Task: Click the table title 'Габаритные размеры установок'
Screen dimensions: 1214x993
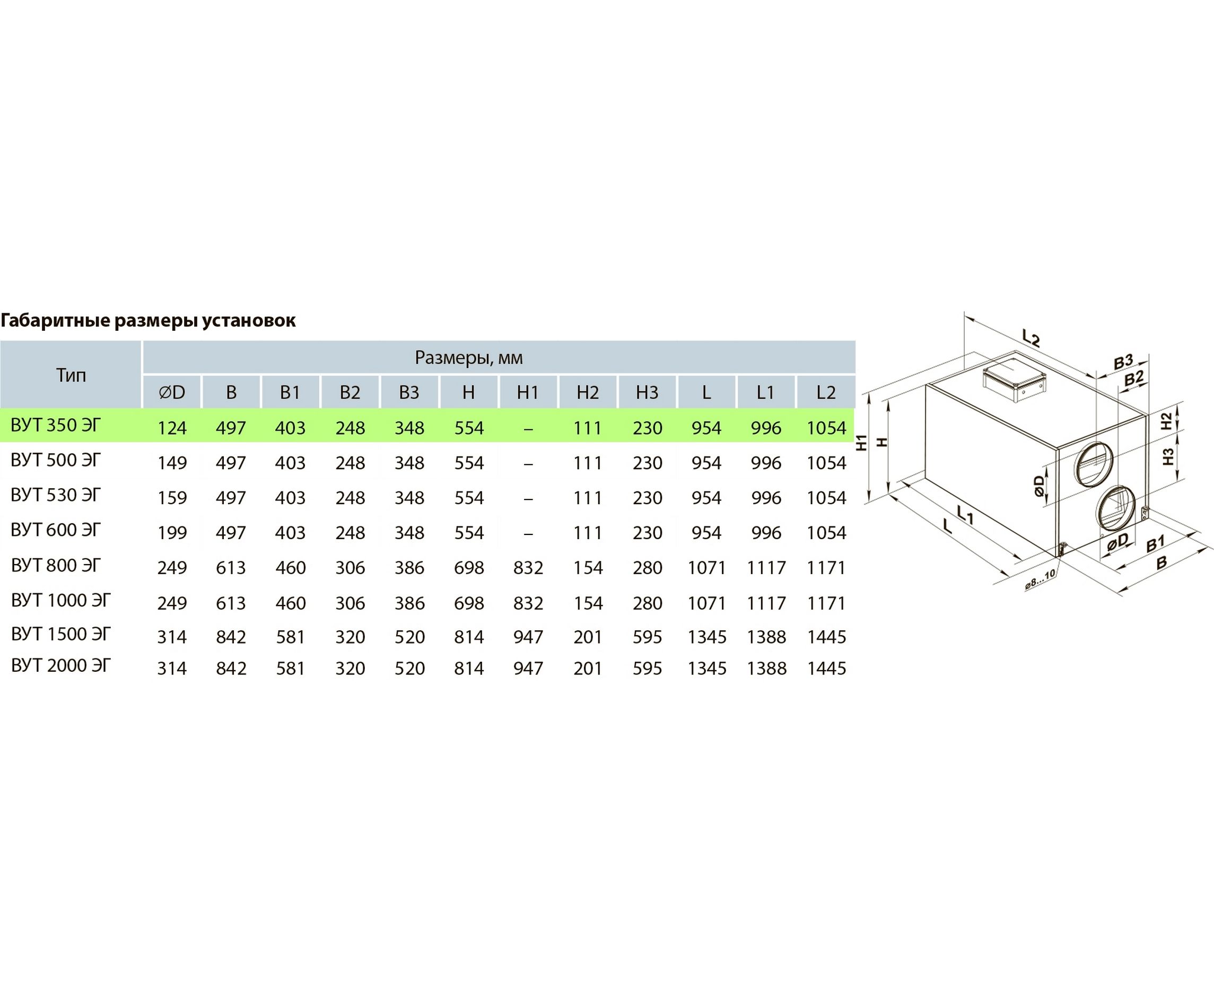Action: [148, 321]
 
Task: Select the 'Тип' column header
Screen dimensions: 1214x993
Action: [71, 375]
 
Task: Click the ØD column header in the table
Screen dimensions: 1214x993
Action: [172, 392]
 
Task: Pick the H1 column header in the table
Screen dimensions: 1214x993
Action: [528, 392]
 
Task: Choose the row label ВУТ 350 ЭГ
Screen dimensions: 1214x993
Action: [56, 426]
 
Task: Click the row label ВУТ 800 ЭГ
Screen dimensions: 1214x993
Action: [56, 566]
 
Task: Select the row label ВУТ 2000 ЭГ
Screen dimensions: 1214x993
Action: [60, 666]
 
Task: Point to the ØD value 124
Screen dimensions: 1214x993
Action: [172, 428]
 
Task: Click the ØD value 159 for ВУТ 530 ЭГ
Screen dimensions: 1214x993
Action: [172, 498]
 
